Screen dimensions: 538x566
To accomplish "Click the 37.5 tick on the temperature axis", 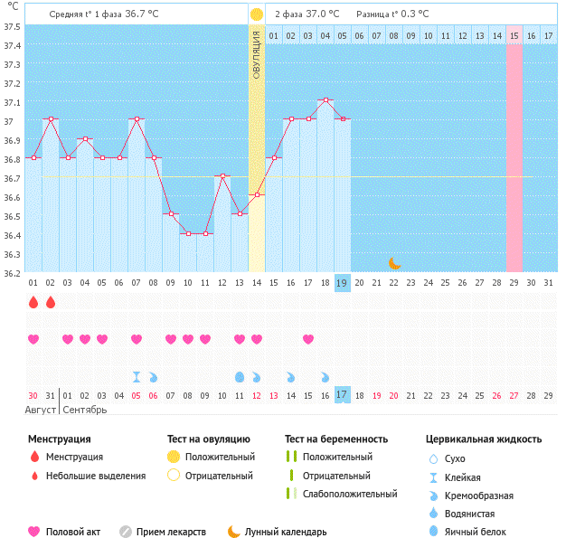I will click(x=13, y=26).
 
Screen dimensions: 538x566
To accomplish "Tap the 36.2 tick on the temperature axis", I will click(x=13, y=272).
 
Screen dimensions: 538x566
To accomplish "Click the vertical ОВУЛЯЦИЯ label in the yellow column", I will click(x=257, y=54).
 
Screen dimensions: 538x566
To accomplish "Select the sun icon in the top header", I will click(x=257, y=14).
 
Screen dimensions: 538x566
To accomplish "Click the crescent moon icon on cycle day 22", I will click(x=394, y=263).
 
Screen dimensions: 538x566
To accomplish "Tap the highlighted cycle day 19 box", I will click(x=343, y=283).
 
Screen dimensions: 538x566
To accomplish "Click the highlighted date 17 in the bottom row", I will click(x=343, y=395).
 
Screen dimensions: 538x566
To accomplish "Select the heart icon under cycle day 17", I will click(x=308, y=339).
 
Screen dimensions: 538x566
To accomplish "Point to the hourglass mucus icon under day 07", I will click(x=137, y=376).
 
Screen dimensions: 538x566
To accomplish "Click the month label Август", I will click(x=42, y=410).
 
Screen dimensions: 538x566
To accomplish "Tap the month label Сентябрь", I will click(x=83, y=410).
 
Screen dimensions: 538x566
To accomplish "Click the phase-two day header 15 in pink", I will click(x=514, y=35).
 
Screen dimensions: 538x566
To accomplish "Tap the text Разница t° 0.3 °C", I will click(x=392, y=14).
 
